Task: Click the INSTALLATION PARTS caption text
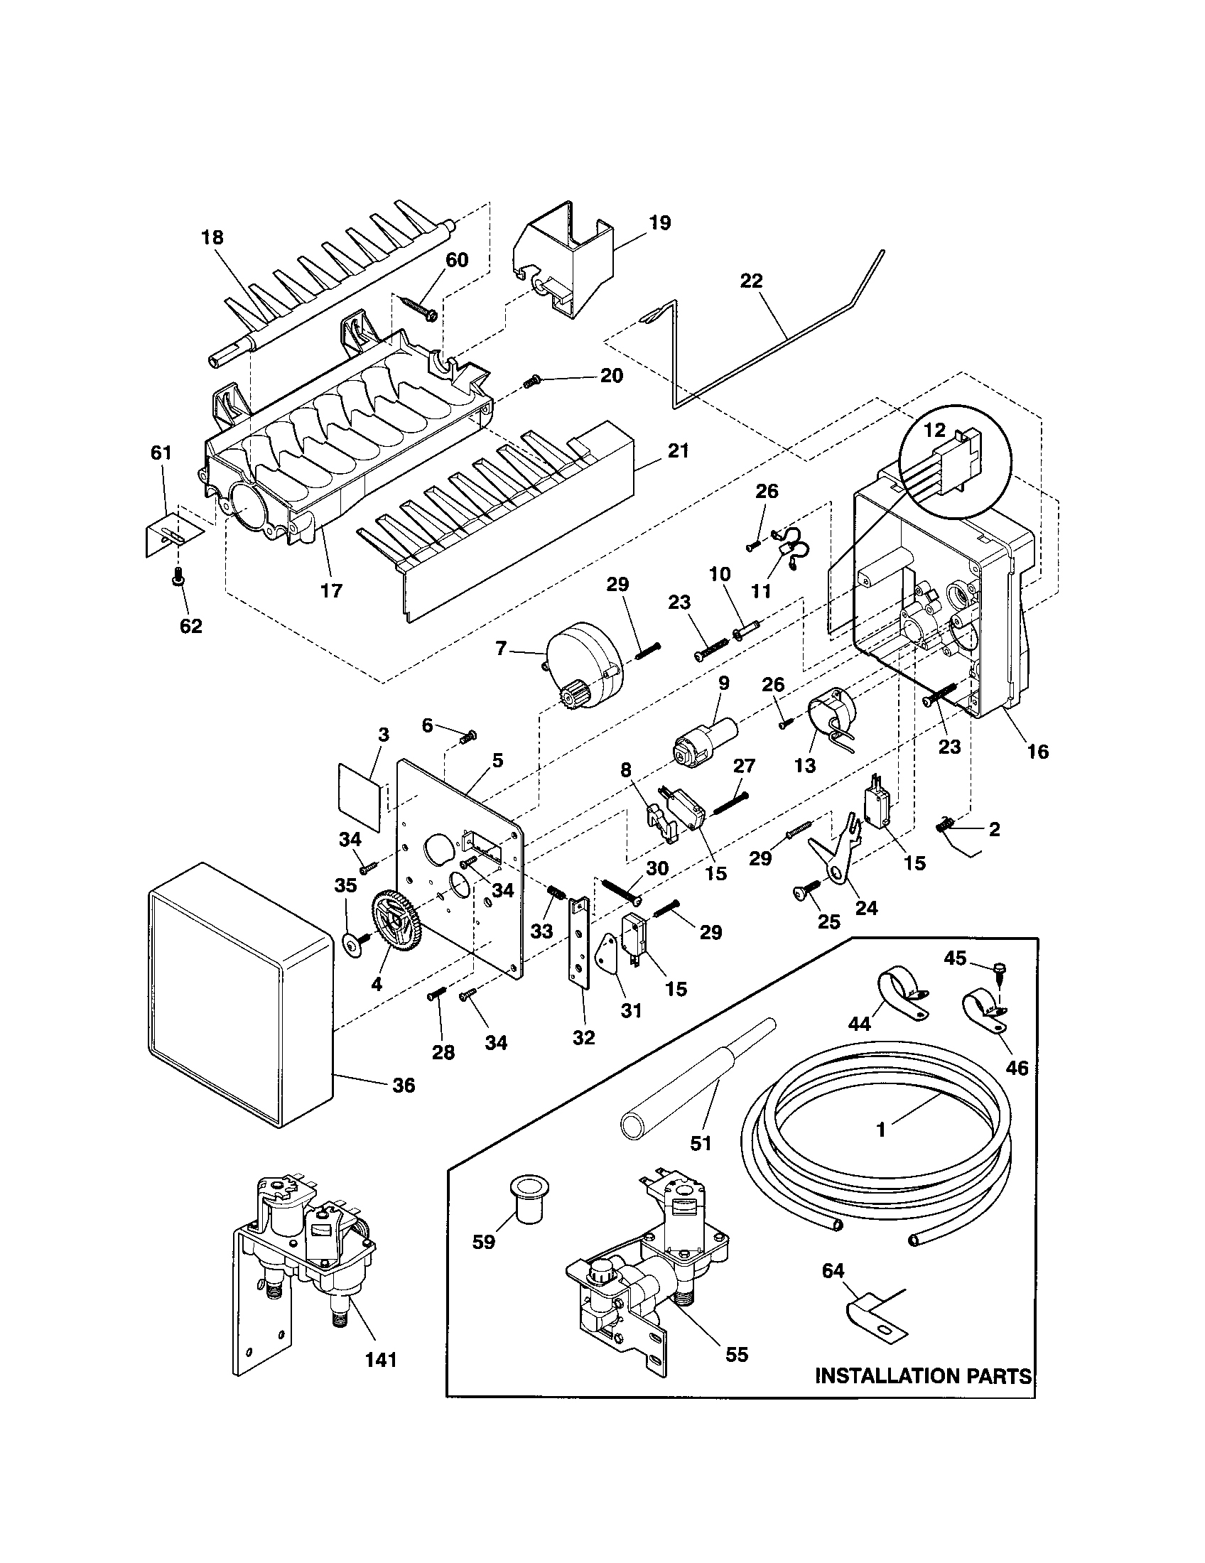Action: point(923,1376)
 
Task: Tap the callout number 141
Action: point(381,1360)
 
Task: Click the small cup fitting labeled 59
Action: point(527,1203)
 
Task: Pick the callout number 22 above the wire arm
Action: point(751,281)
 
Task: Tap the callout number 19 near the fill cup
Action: point(660,222)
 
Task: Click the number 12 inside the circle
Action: point(934,430)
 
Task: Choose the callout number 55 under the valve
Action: point(736,1354)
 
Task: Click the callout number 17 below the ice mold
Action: point(331,590)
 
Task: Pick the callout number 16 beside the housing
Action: point(1037,751)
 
